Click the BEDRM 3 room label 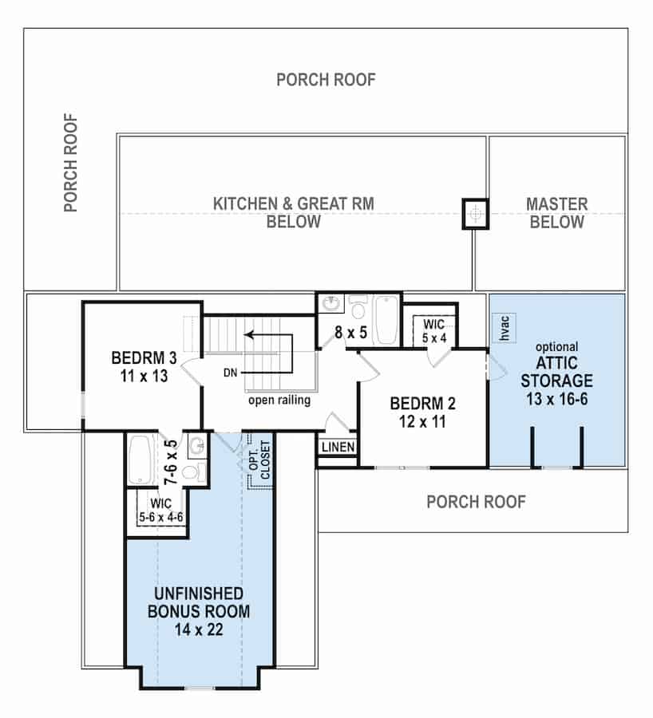[140, 365]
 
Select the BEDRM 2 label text [421, 410]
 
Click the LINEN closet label [338, 448]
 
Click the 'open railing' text [279, 400]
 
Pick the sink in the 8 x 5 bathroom [331, 305]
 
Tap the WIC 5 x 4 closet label [433, 330]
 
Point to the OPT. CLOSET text [259, 460]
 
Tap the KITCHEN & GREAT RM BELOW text [293, 212]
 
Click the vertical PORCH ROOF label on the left [71, 163]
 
